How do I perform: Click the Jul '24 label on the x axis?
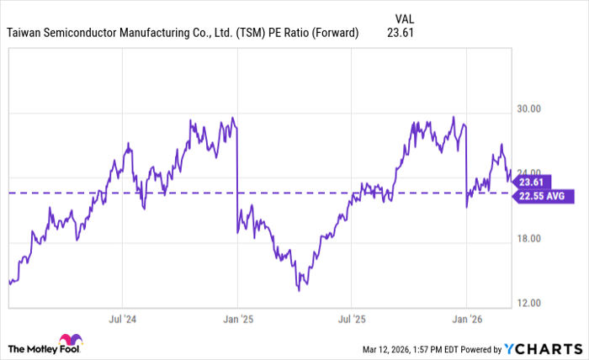[x=122, y=320]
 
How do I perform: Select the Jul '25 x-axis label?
[x=352, y=320]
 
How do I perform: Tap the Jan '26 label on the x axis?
[x=466, y=320]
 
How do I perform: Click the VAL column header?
[x=404, y=18]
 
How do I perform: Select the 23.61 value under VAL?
[x=401, y=33]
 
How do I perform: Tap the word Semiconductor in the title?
[x=90, y=33]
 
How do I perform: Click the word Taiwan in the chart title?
[x=26, y=33]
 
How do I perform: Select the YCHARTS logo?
[x=542, y=348]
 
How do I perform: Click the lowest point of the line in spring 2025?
[x=299, y=290]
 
